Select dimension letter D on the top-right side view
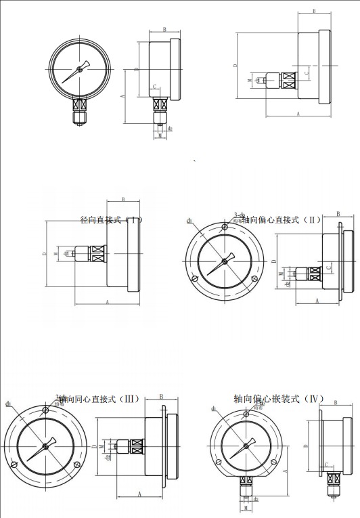234,66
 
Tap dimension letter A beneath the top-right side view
298,116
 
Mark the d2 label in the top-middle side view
170,127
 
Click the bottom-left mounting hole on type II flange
196,278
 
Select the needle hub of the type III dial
46,445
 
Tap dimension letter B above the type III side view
161,397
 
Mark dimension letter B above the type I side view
123,199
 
